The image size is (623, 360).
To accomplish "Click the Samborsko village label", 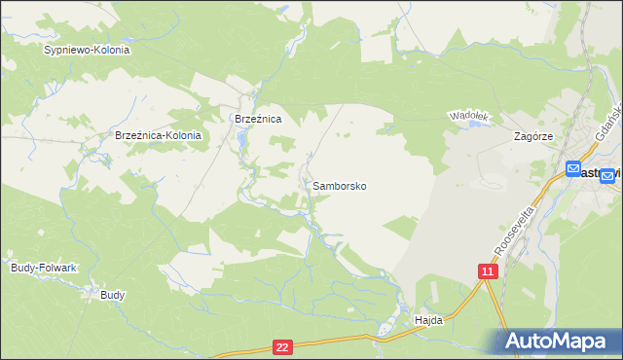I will [340, 185].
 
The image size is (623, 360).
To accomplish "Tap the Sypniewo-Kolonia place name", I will [87, 49].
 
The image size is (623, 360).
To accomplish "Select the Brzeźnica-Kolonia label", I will [158, 136].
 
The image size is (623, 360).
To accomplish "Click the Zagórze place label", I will [533, 137].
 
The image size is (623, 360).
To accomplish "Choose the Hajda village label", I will [428, 319].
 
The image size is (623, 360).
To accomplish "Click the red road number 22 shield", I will [282, 346].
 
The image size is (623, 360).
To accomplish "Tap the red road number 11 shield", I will [488, 271].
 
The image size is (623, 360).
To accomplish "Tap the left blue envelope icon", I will [572, 168].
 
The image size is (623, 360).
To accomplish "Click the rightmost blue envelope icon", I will [607, 175].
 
